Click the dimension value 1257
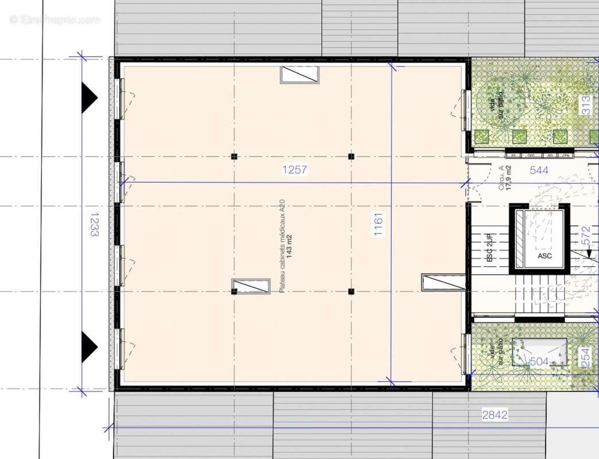[x=295, y=169]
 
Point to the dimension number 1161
[x=378, y=225]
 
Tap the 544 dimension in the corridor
[x=539, y=170]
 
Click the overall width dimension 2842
[x=494, y=415]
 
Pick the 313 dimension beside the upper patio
[x=586, y=105]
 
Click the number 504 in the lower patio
[x=539, y=361]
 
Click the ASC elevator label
[x=544, y=255]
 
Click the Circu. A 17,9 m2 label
[x=505, y=177]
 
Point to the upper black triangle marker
[x=89, y=96]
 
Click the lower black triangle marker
[x=89, y=347]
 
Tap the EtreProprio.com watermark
[x=55, y=20]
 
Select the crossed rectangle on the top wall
[x=299, y=75]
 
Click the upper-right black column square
[x=351, y=156]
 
